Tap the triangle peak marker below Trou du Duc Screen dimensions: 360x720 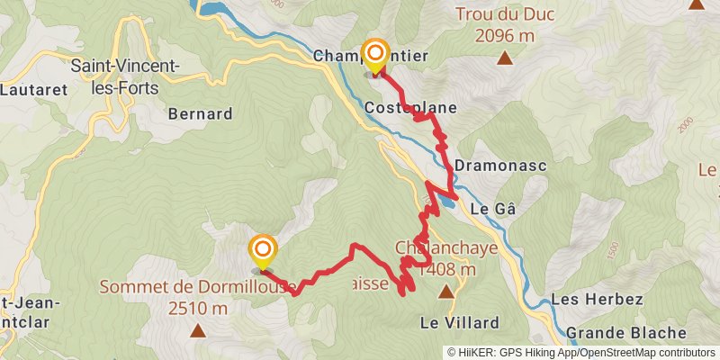coord(506,59)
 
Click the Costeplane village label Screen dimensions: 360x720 coord(410,108)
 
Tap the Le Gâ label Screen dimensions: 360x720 coord(493,208)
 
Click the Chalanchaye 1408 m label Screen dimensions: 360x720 coord(436,258)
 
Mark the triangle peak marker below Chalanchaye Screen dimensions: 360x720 coord(446,292)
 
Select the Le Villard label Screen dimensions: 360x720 coord(459,322)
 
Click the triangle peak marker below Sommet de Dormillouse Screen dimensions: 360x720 coord(198,330)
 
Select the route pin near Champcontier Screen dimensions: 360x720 coord(374,56)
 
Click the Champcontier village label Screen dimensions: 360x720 coord(370,57)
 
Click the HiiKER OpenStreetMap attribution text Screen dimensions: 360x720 coord(582,353)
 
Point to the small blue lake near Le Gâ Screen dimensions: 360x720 coord(445,203)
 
